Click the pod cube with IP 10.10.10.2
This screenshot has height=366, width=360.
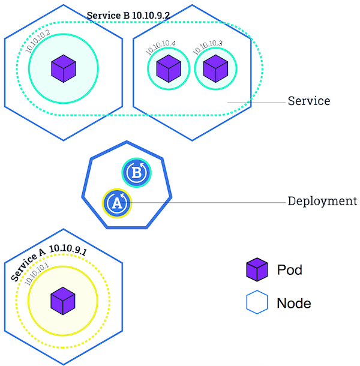tap(62, 68)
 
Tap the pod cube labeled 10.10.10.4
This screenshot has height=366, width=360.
tap(169, 68)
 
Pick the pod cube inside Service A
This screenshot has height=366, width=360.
tap(62, 300)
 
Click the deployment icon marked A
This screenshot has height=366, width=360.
tap(116, 203)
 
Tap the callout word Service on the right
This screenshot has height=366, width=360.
tap(308, 101)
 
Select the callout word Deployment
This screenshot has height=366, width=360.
tap(322, 202)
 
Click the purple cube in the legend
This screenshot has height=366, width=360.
tap(257, 270)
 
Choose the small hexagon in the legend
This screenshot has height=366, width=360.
tap(257, 303)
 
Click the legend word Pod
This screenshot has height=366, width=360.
tap(289, 270)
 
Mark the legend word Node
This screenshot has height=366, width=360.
tap(294, 303)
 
